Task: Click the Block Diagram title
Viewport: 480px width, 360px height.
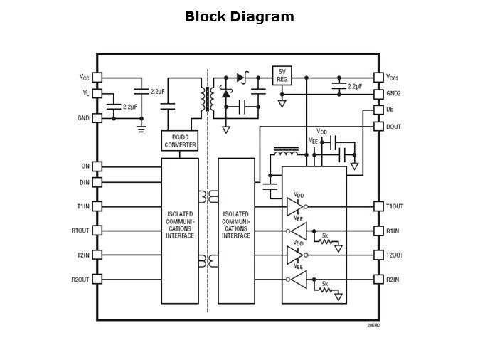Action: (x=239, y=17)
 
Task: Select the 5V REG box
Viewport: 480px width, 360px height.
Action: (x=282, y=75)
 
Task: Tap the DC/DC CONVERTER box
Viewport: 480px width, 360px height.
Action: (x=180, y=141)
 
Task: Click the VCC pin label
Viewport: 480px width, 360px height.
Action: (x=84, y=77)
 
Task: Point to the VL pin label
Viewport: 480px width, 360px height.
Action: (x=85, y=93)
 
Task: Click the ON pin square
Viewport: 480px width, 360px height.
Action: (x=97, y=166)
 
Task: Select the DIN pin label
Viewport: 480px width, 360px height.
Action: (x=85, y=182)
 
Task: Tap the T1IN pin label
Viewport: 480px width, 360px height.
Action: (x=83, y=206)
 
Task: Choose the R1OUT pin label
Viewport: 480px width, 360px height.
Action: (x=80, y=231)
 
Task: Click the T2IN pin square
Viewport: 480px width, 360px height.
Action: (x=97, y=255)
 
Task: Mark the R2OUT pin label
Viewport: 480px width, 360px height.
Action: (x=80, y=280)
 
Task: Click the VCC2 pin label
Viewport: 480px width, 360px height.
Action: (x=393, y=77)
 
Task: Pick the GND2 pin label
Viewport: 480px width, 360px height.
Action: (x=393, y=93)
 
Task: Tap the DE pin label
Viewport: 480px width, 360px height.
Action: (x=389, y=110)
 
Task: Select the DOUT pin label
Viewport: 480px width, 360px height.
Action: (x=393, y=126)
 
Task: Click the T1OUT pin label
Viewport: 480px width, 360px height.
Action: (x=395, y=206)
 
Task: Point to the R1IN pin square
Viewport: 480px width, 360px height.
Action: (x=378, y=231)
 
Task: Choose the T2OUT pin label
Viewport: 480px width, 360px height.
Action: (x=395, y=255)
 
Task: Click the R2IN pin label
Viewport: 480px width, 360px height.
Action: (x=393, y=280)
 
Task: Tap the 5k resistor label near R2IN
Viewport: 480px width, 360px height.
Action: (x=325, y=284)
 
